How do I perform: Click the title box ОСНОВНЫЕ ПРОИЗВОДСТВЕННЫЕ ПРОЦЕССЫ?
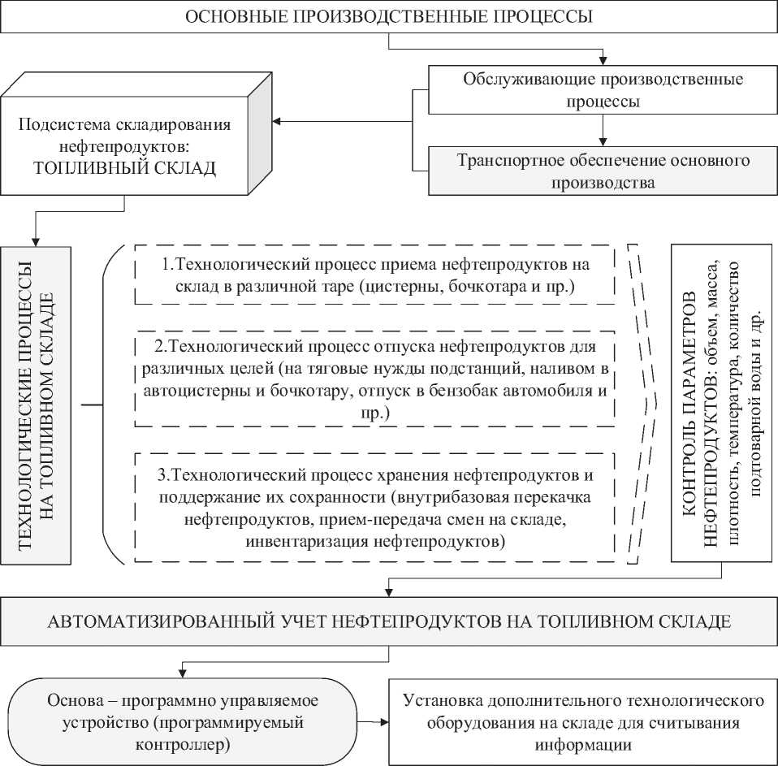click(389, 16)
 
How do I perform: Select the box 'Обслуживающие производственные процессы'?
click(602, 91)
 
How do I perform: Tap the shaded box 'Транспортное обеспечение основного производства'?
click(602, 171)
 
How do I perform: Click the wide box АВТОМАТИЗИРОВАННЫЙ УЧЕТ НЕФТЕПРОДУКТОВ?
click(389, 623)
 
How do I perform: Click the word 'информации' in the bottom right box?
click(581, 743)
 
